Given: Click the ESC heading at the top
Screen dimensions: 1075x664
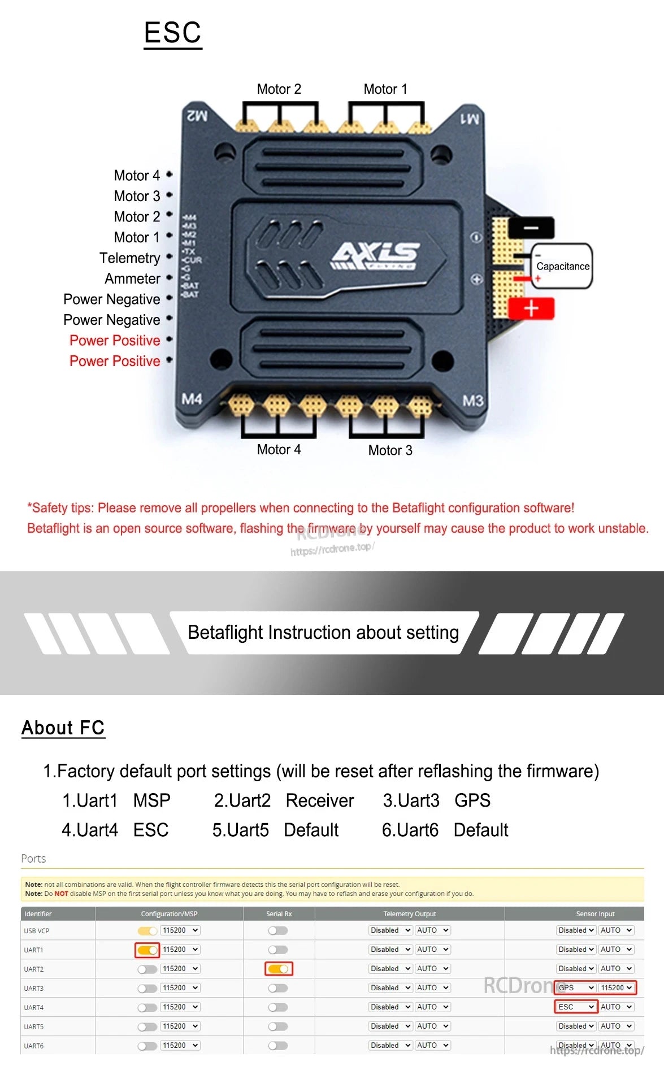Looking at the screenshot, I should (x=172, y=33).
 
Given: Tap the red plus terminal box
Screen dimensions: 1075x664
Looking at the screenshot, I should (x=531, y=309).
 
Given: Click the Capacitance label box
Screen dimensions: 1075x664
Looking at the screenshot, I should (x=562, y=266).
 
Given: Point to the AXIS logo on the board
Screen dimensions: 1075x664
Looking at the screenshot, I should (x=375, y=255).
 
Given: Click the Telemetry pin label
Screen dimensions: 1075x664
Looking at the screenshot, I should (x=129, y=258).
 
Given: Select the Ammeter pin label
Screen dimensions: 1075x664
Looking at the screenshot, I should (x=132, y=278).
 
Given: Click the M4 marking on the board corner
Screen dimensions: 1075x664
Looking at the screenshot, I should (x=192, y=399).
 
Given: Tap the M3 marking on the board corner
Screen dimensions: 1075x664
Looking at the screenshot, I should (x=472, y=401).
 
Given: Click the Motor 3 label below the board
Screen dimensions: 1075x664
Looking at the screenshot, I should (x=390, y=450).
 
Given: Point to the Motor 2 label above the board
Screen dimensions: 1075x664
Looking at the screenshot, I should (x=279, y=89).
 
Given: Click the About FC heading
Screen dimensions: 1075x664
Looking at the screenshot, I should (x=63, y=728).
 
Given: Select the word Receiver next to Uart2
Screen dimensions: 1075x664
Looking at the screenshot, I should (x=320, y=800).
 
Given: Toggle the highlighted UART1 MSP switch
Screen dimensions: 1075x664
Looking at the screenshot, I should (x=147, y=950).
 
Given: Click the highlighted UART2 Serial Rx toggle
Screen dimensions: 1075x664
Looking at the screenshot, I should (x=279, y=969).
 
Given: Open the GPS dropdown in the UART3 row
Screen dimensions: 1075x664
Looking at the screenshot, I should (x=576, y=988).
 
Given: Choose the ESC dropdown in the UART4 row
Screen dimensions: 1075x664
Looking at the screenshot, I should (x=576, y=1007).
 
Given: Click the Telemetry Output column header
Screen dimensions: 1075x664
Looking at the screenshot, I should (x=410, y=914).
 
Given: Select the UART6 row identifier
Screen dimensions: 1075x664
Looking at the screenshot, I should (x=34, y=1046).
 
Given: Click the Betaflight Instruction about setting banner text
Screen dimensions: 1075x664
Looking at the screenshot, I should (x=323, y=633).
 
